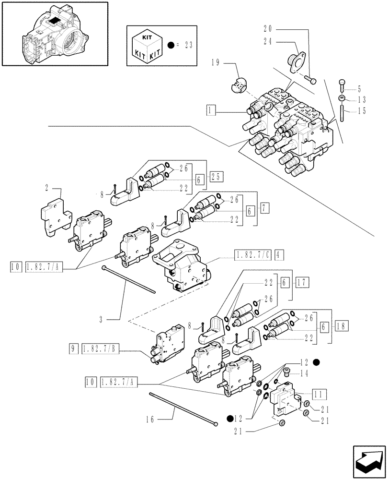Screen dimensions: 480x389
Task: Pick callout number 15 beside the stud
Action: coord(362,111)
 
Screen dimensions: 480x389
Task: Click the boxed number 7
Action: coord(265,208)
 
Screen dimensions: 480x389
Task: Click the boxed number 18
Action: coord(342,325)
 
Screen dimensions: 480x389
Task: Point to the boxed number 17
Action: coord(302,282)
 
